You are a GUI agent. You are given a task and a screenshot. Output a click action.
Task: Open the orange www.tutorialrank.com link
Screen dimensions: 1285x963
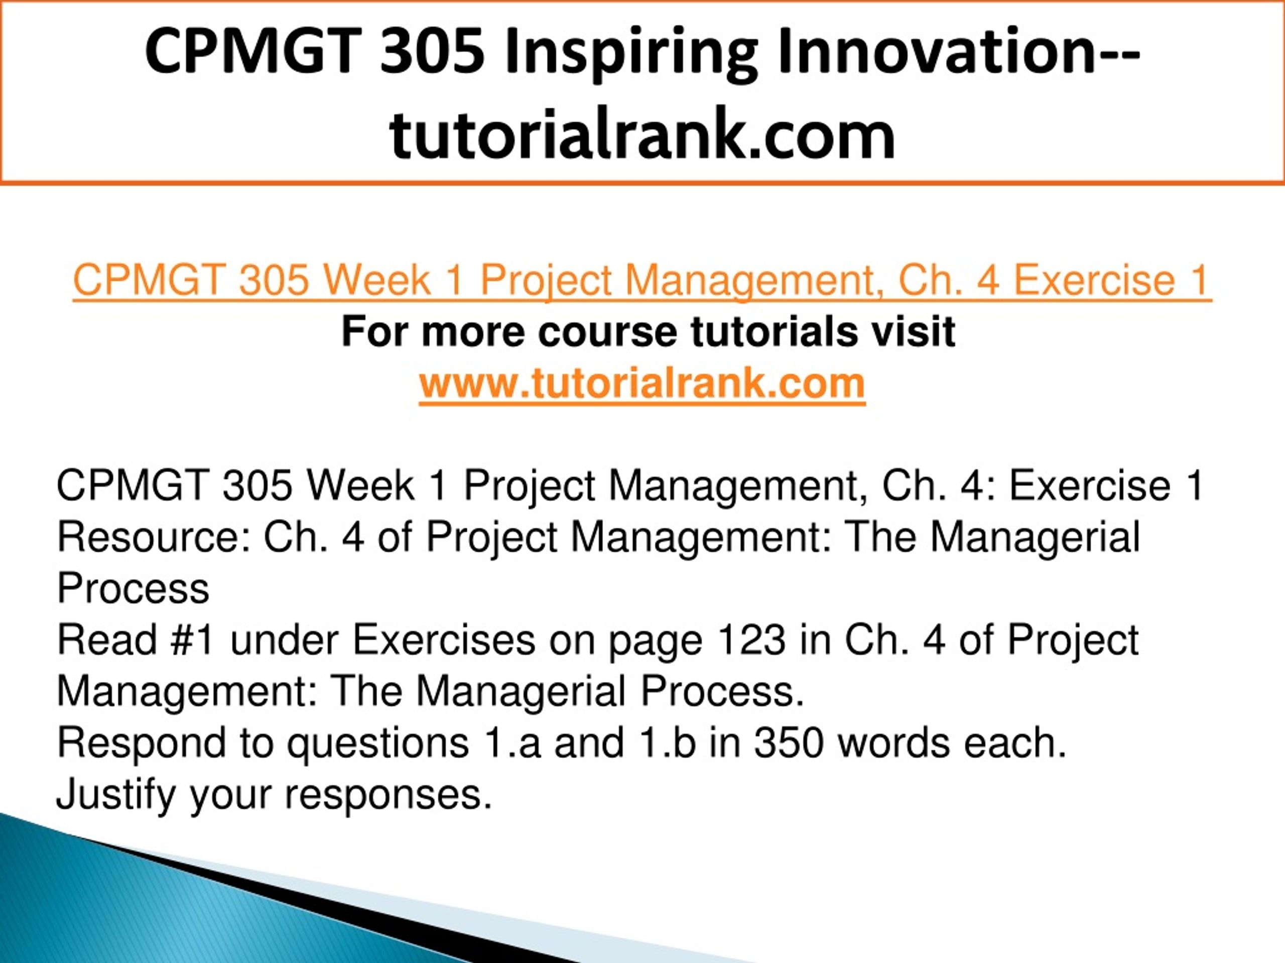(x=642, y=384)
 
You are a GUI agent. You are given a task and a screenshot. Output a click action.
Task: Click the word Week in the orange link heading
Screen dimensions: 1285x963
(x=376, y=281)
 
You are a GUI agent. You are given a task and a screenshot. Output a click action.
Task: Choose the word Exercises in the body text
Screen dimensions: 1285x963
(x=444, y=640)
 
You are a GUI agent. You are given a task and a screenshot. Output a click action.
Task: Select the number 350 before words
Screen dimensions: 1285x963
(x=788, y=743)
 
